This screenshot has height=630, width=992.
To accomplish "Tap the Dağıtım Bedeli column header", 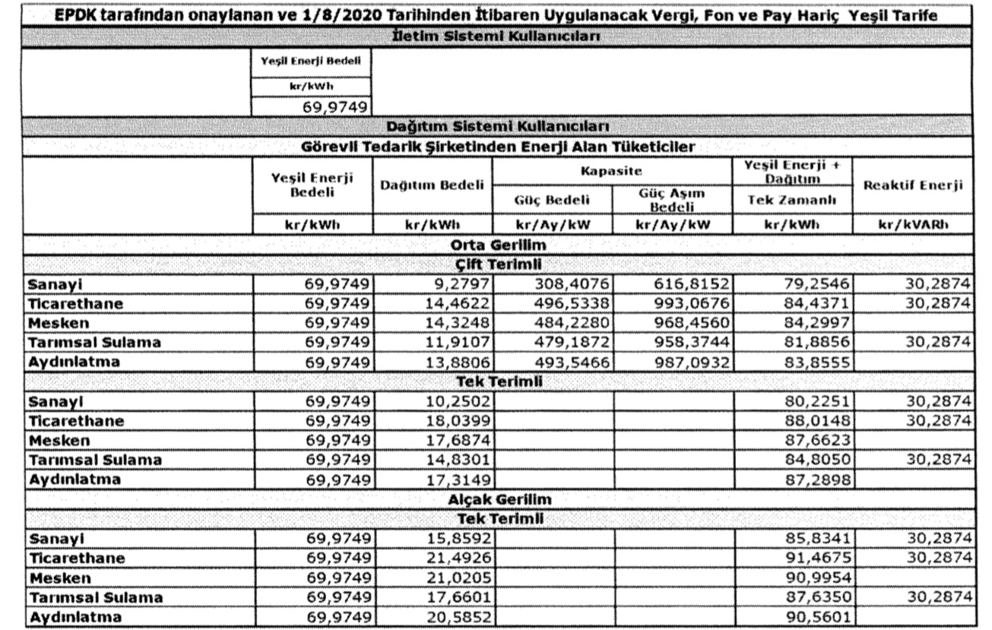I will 432,186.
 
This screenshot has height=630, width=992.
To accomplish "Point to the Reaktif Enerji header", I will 912,186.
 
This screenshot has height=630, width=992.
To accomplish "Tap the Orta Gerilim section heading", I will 498,245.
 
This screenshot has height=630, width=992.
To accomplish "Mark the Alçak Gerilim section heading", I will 499,499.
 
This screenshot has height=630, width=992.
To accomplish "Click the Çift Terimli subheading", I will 499,264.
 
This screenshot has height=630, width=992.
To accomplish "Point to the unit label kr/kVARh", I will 912,225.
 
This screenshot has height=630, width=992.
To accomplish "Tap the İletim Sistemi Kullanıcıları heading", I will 499,37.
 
